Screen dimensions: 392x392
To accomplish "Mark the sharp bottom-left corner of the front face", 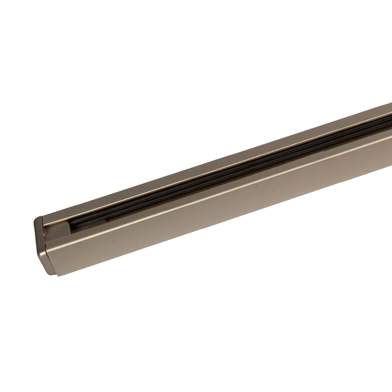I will (x=58, y=276).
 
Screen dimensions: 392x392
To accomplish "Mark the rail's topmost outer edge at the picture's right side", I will (x=390, y=103).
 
